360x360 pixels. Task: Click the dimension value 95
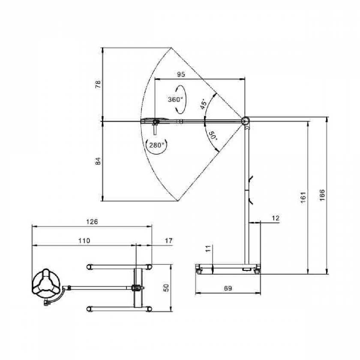click(181, 75)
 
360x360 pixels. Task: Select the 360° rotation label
click(175, 99)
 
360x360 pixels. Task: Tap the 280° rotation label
click(156, 145)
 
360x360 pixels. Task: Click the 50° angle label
click(212, 137)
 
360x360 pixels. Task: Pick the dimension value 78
click(98, 84)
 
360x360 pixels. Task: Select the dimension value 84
click(98, 161)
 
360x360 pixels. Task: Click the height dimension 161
click(303, 197)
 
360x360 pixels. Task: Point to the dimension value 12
click(276, 218)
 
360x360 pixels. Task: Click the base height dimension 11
click(208, 249)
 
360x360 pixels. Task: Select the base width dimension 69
click(228, 289)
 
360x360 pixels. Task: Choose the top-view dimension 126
click(92, 222)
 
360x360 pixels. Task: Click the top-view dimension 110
click(84, 241)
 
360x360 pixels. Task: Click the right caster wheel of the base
click(257, 271)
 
